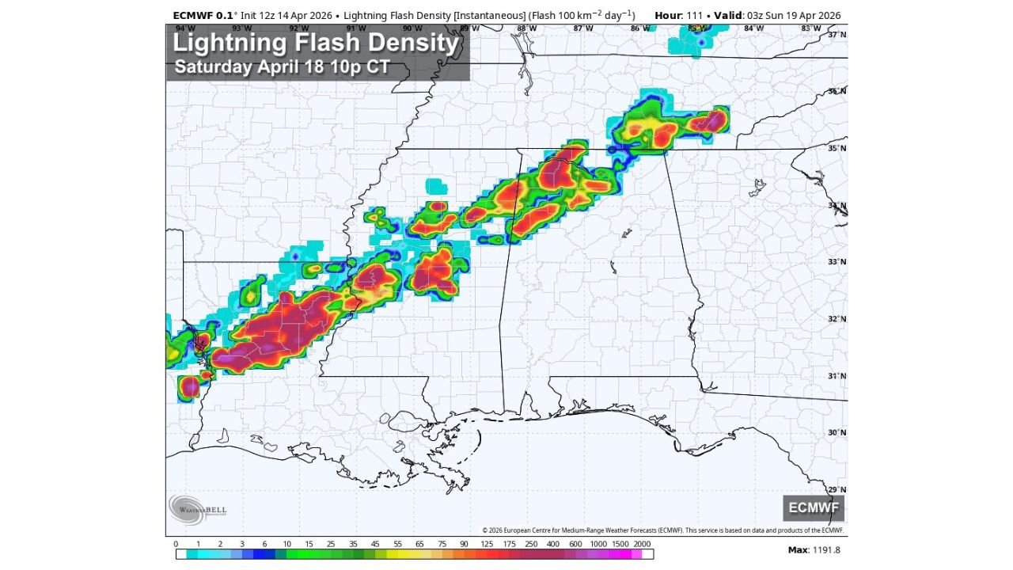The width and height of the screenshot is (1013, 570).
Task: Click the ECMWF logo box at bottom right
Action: pyautogui.click(x=814, y=507)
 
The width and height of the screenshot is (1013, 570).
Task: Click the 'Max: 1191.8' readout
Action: pyautogui.click(x=814, y=549)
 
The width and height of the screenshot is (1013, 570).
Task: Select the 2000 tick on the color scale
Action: pyautogui.click(x=642, y=544)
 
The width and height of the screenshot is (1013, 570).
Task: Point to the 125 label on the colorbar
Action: pyautogui.click(x=486, y=544)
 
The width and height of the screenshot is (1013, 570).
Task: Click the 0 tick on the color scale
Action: pyautogui.click(x=176, y=544)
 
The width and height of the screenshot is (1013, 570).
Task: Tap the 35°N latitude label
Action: pyautogui.click(x=837, y=148)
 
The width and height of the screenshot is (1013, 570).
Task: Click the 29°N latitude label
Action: pyautogui.click(x=837, y=489)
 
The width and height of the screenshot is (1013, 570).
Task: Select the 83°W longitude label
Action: pyautogui.click(x=810, y=28)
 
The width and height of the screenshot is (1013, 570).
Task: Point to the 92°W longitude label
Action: pyautogui.click(x=299, y=28)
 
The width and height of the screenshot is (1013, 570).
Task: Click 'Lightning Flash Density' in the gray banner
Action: pyautogui.click(x=316, y=43)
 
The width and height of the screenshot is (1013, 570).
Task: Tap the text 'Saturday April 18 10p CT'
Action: pyautogui.click(x=282, y=66)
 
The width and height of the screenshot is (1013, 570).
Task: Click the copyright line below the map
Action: pyautogui.click(x=662, y=530)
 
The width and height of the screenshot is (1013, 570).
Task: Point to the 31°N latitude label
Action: pyautogui.click(x=837, y=375)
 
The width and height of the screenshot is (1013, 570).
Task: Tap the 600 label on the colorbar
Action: pyautogui.click(x=575, y=544)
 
